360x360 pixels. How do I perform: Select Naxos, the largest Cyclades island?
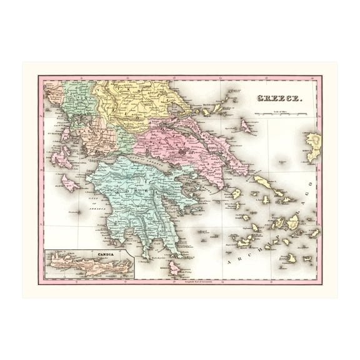(x=293, y=222)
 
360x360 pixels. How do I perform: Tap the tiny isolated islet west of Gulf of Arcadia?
(x=79, y=212)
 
